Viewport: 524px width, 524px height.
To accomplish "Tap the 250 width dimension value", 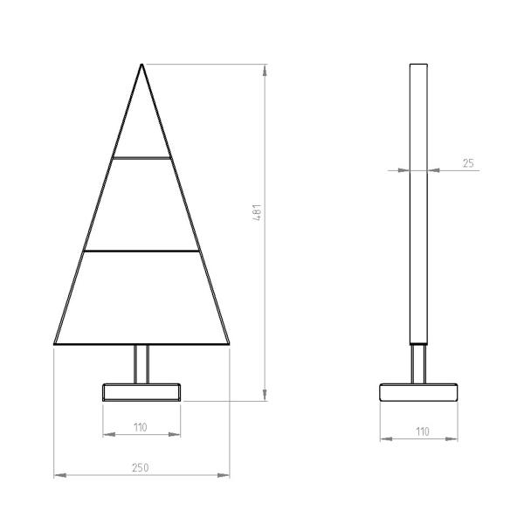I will (140, 468).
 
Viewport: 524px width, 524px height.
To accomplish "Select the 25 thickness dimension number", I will (468, 162).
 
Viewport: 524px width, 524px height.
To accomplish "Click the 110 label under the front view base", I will (141, 427).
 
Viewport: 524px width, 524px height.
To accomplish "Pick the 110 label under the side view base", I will (421, 431).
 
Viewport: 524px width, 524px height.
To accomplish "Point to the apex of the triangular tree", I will (142, 64).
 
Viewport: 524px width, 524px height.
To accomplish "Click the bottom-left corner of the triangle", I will (55, 344).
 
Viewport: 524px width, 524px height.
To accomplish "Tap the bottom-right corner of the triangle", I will (230, 344).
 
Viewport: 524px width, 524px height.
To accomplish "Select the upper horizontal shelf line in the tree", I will (141, 158).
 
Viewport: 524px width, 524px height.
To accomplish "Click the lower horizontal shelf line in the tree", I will (141, 252).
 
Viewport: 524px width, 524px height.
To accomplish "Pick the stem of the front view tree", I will (141, 363).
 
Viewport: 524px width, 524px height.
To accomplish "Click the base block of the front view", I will (141, 391).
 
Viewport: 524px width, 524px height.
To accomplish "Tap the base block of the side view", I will (420, 391).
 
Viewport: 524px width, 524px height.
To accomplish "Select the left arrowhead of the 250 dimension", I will (59, 475).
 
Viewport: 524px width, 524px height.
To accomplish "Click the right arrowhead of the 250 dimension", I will (226, 475).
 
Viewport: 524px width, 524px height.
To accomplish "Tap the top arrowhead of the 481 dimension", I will (265, 68).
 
